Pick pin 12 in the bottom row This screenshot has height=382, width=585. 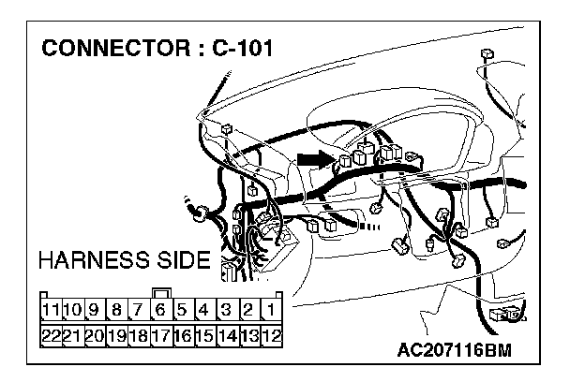[271, 333]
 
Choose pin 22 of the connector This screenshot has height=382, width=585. [52, 333]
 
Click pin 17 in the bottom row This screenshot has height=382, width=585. [160, 333]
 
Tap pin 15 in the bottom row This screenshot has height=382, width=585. [204, 333]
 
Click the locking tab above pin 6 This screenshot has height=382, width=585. [160, 292]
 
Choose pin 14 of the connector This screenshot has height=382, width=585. [227, 333]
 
